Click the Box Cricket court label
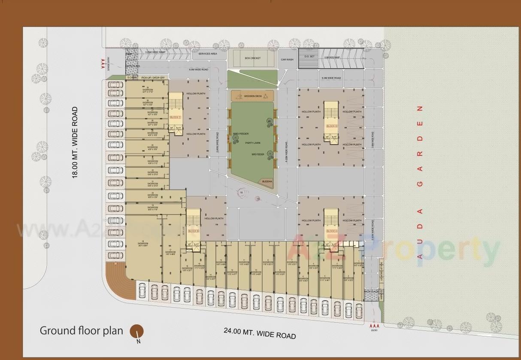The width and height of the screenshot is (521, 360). coord(252,58)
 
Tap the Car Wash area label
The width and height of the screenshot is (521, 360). coord(287,60)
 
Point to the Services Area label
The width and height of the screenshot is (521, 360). coord(207,54)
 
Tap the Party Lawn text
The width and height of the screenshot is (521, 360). coord(253,143)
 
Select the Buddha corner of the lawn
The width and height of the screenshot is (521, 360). coord(267,182)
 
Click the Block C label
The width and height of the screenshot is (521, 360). coord(176,117)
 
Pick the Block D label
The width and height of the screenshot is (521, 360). coord(331,126)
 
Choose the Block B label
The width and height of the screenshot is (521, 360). coord(194,231)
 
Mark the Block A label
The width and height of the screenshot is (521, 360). coord(331,231)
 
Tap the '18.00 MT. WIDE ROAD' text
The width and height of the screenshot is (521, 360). coord(75,142)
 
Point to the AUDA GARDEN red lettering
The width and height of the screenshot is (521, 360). coord(420,182)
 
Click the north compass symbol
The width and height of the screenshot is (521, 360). coord(137,332)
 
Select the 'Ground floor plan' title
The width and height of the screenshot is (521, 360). coord(82,331)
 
